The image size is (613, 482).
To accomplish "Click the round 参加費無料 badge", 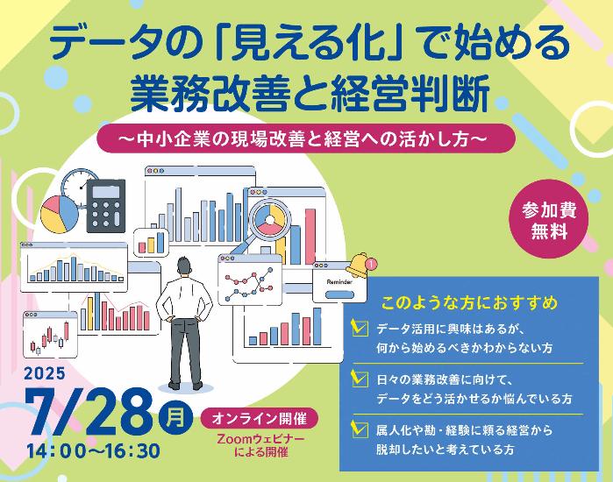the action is pyautogui.click(x=549, y=219).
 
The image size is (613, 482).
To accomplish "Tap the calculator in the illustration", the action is pyautogui.click(x=106, y=206).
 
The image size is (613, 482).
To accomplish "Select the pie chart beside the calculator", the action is pyautogui.click(x=60, y=215).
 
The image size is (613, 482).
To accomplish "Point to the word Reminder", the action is pyautogui.click(x=339, y=281).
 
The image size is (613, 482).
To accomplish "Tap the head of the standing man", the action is pyautogui.click(x=183, y=266).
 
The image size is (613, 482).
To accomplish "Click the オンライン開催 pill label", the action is pyautogui.click(x=260, y=419).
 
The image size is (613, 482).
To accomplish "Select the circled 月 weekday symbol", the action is pyautogui.click(x=176, y=417).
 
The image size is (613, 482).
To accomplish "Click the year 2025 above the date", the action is pyautogui.click(x=45, y=373).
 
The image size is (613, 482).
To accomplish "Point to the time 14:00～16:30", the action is pyautogui.click(x=94, y=451).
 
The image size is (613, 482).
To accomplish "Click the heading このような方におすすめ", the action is pyautogui.click(x=469, y=303).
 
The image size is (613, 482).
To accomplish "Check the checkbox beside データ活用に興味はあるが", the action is pyautogui.click(x=360, y=328).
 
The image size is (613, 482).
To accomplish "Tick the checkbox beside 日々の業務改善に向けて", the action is pyautogui.click(x=360, y=379).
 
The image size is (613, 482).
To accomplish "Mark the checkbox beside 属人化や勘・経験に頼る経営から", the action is pyautogui.click(x=360, y=429).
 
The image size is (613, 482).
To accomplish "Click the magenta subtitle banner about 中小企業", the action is pyautogui.click(x=306, y=138).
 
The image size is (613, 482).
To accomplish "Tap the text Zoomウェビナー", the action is pyautogui.click(x=260, y=439).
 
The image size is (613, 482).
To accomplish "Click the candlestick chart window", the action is pyautogui.click(x=50, y=335).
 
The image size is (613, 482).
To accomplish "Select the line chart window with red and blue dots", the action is pyautogui.click(x=250, y=280).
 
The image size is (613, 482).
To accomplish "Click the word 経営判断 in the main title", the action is pyautogui.click(x=410, y=94).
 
